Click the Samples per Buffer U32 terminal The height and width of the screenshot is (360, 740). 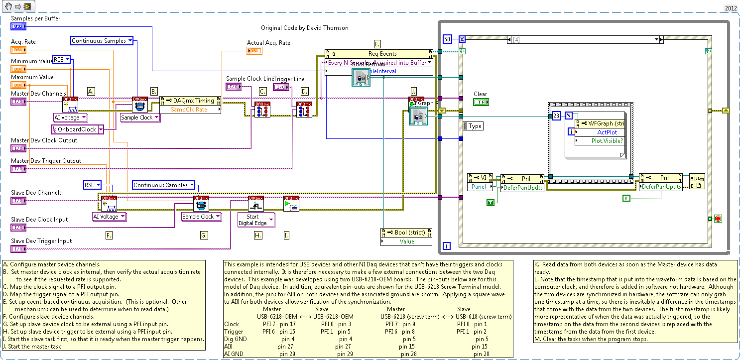(18, 26)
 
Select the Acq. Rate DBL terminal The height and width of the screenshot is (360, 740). (18, 49)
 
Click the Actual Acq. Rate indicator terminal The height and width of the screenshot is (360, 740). (254, 50)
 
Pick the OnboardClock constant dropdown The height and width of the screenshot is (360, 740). (78, 129)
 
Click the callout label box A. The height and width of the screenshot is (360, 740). (91, 91)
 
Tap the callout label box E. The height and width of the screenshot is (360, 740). (377, 43)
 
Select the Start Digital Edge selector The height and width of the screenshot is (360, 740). (255, 220)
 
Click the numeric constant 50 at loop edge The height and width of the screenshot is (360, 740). (447, 39)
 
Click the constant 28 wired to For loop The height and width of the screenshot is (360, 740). (557, 116)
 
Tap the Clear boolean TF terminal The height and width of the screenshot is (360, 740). (481, 102)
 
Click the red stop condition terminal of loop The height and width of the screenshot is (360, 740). (718, 219)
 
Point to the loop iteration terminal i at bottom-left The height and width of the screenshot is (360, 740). (447, 245)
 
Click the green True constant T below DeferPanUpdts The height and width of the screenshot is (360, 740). (491, 202)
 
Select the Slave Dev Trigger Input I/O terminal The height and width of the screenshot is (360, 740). (18, 249)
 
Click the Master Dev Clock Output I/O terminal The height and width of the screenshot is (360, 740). (18, 148)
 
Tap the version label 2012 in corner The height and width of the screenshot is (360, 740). (731, 8)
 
